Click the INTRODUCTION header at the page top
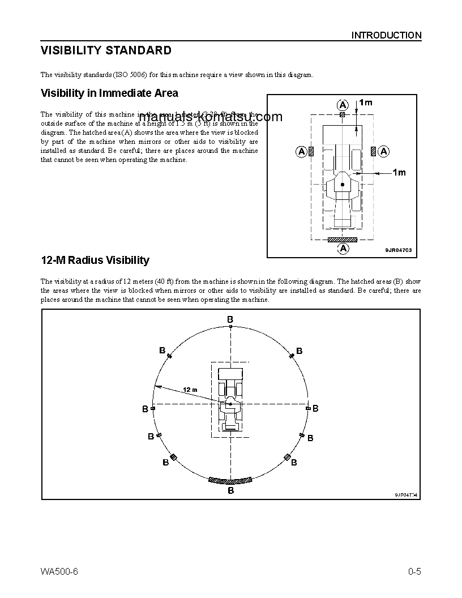coord(386,35)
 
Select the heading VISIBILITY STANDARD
coord(106,51)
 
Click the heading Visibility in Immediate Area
coord(109,93)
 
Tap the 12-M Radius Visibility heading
coord(95,260)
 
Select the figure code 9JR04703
coord(398,250)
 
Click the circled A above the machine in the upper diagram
coord(343,104)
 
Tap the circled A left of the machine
coord(302,151)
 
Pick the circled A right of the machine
coord(383,151)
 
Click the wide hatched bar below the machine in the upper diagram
coord(343,240)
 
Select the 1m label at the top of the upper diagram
coord(366,102)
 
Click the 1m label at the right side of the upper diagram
coord(400,173)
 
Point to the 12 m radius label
coord(190,390)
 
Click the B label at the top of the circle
coord(230,320)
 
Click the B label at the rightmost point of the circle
coord(315,408)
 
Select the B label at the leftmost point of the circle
coord(146,408)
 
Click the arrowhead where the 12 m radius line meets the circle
coord(157,386)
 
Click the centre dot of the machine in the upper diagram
coord(343,185)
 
